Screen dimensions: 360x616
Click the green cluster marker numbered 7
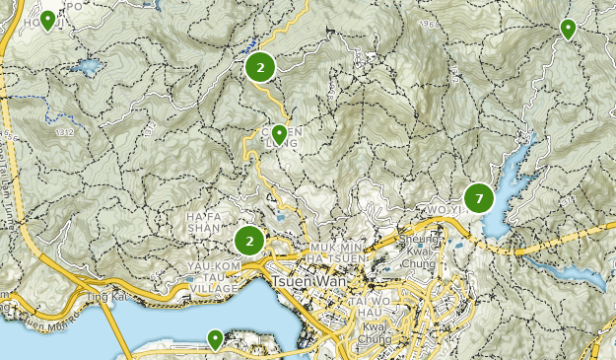coord(479,198)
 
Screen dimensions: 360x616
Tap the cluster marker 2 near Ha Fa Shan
coord(250,240)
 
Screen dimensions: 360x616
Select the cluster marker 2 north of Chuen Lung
coord(260,67)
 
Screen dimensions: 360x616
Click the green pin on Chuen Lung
coord(280,133)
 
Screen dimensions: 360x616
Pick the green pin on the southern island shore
coord(215,339)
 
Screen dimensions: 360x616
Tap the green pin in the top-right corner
coord(568,29)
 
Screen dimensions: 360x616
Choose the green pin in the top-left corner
coord(47,20)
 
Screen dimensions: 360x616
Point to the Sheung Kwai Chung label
coord(427,255)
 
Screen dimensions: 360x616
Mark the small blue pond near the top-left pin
coord(85,68)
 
